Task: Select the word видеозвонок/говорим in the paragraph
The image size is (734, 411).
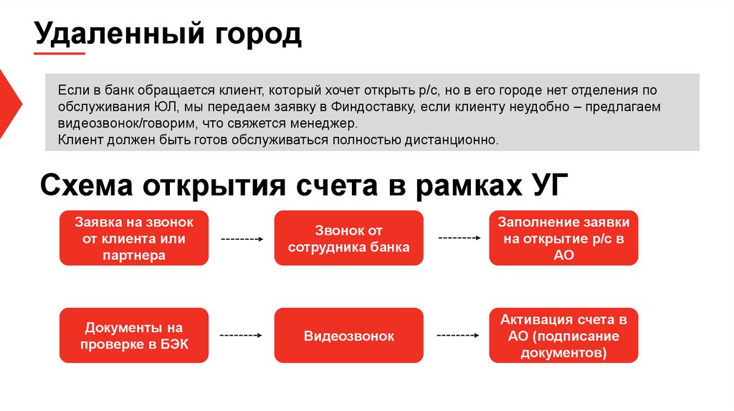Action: click(x=118, y=123)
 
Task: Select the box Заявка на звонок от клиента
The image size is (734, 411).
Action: click(x=134, y=238)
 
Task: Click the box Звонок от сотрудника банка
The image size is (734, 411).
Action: click(x=348, y=238)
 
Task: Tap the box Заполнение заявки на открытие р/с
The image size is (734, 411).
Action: click(x=563, y=238)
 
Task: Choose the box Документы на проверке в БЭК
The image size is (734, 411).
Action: click(x=134, y=335)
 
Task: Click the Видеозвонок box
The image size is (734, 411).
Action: click(x=348, y=335)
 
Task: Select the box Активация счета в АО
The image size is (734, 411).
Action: click(x=563, y=335)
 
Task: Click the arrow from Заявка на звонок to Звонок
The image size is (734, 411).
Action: click(x=242, y=239)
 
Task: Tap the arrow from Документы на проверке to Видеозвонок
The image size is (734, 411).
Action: click(x=242, y=335)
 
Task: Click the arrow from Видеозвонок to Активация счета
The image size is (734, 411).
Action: click(x=458, y=335)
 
